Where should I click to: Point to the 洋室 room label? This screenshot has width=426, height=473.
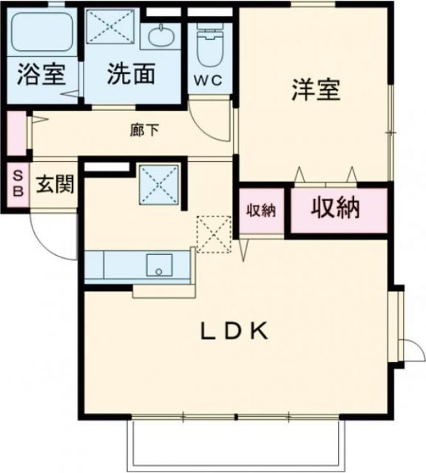(315, 91)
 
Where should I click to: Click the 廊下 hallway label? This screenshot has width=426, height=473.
(144, 131)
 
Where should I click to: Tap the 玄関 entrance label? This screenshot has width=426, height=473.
(55, 185)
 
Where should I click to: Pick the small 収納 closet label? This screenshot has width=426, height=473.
(260, 210)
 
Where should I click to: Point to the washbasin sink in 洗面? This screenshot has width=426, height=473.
(160, 34)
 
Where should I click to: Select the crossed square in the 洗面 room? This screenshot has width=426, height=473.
(109, 30)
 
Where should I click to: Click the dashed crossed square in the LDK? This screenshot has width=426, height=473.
(214, 234)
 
